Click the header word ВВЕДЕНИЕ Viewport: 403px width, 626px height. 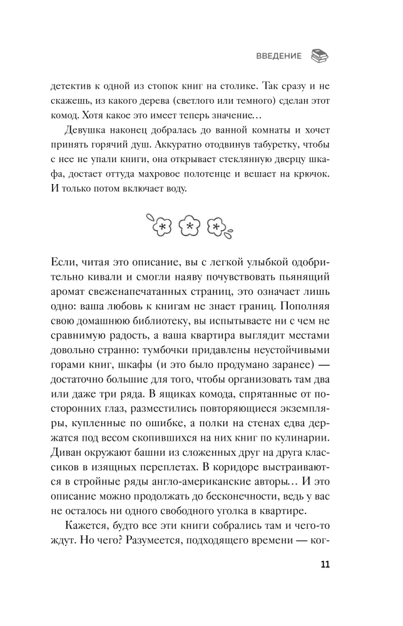coord(278,56)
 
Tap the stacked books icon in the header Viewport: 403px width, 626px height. coord(320,56)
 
